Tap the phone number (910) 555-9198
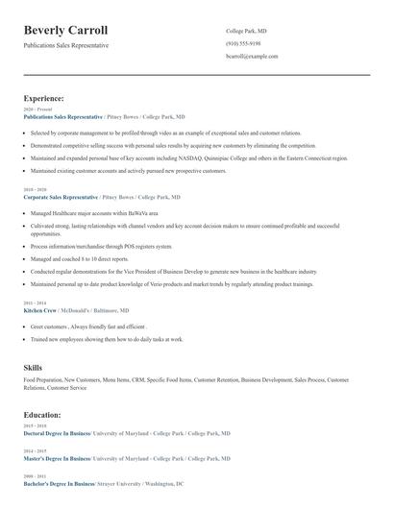pyautogui.click(x=243, y=43)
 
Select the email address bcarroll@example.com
pyautogui.click(x=252, y=57)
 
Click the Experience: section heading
pyautogui.click(x=43, y=98)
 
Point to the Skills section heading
pyautogui.click(x=33, y=367)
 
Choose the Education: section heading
pyautogui.click(x=42, y=414)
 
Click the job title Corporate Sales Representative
pyautogui.click(x=62, y=196)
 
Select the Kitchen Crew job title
pyautogui.click(x=39, y=311)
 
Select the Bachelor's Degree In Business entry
pyautogui.click(x=59, y=484)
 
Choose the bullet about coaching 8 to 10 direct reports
pyautogui.click(x=80, y=258)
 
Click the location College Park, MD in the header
pyautogui.click(x=247, y=31)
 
